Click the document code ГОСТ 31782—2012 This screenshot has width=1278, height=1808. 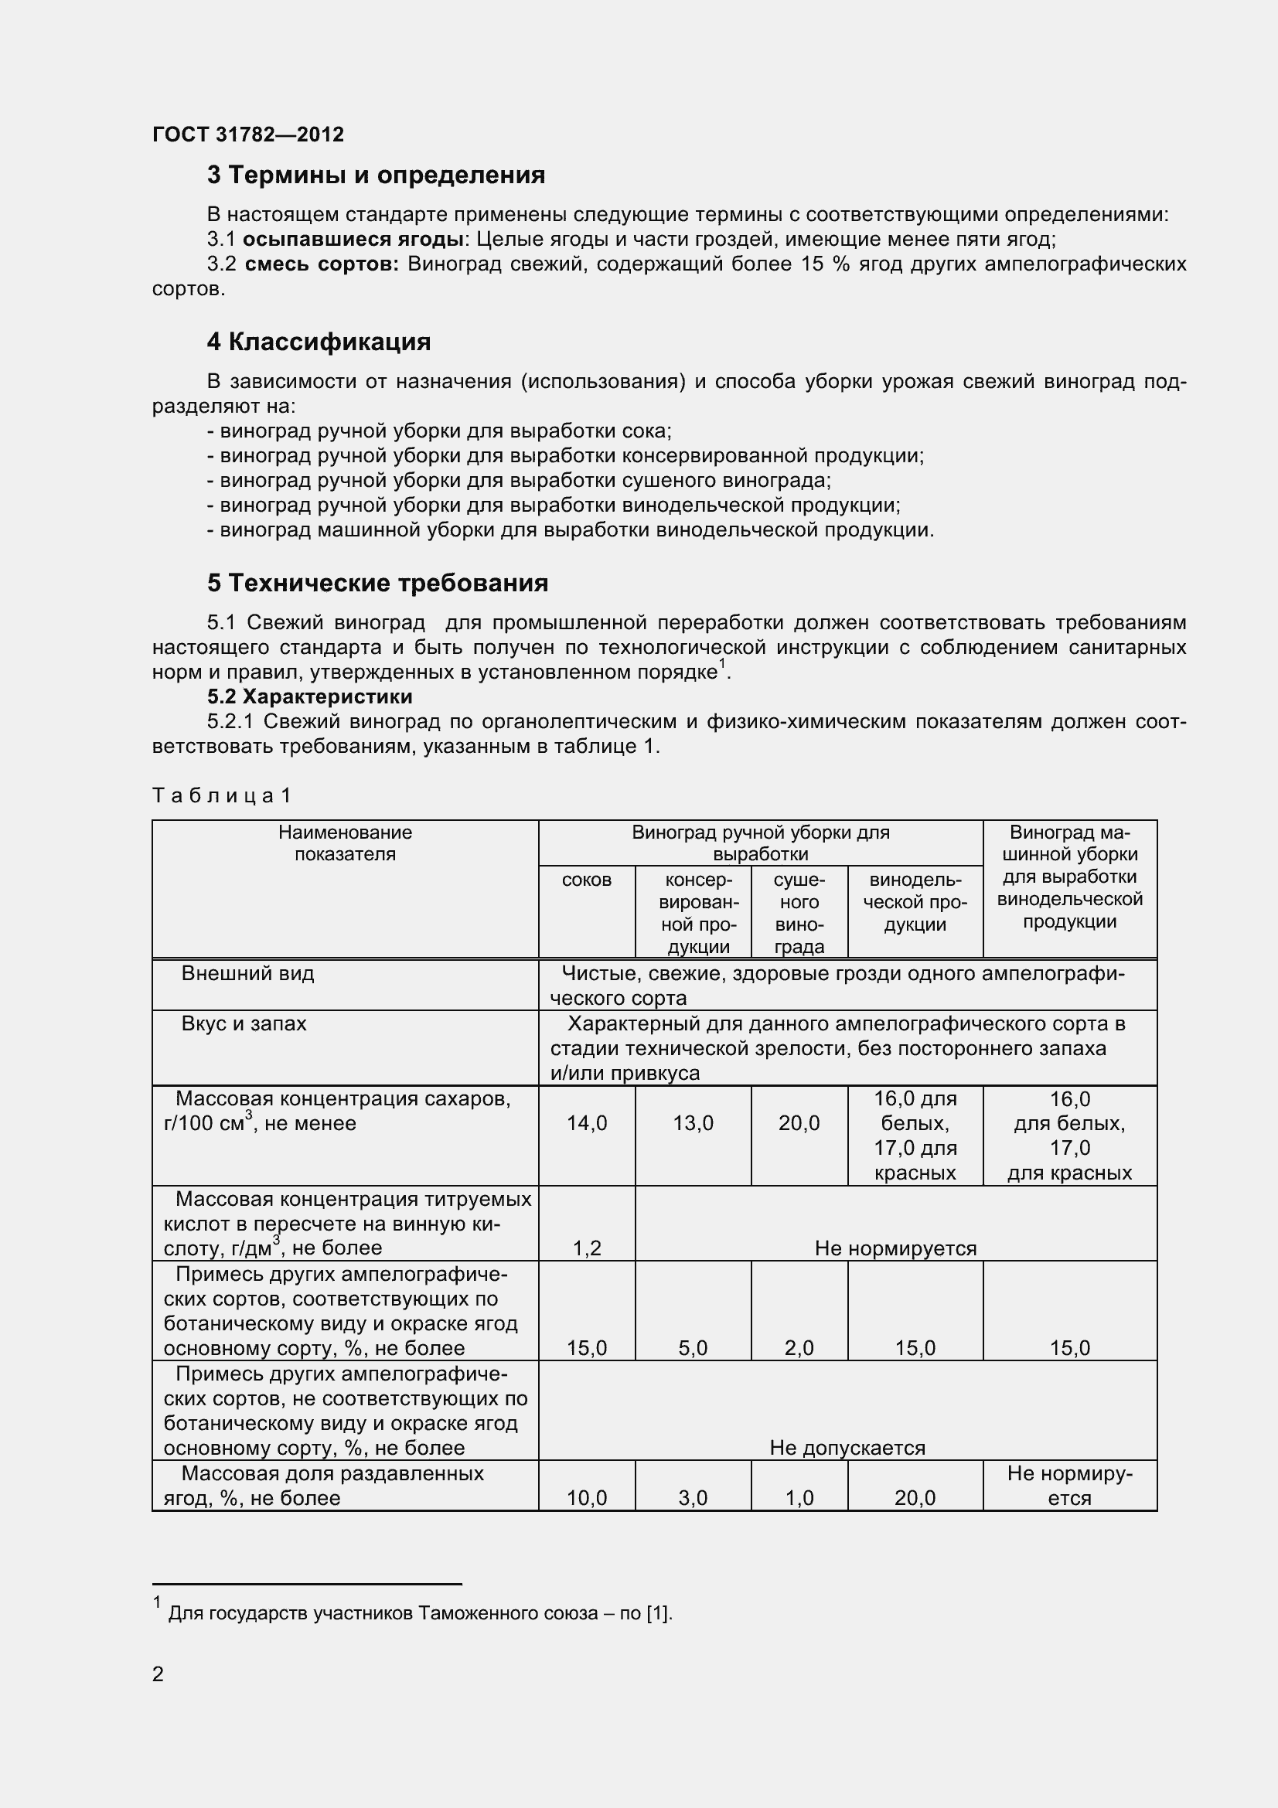(248, 134)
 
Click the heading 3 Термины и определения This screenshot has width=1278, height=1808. (376, 175)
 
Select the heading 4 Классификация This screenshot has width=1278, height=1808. (318, 342)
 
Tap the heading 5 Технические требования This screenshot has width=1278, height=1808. (377, 583)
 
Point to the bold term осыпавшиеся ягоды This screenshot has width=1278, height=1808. (352, 240)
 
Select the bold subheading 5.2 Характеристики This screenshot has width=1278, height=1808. (309, 696)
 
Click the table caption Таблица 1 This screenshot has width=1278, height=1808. (221, 795)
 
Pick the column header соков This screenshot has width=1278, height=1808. (587, 880)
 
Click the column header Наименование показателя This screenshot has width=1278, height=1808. (345, 843)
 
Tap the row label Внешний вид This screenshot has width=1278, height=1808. (247, 973)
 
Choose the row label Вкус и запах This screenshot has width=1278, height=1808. (244, 1023)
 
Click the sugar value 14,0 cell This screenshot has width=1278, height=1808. (587, 1123)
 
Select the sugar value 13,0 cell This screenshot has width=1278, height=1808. (693, 1123)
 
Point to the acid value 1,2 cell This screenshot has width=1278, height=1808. (587, 1248)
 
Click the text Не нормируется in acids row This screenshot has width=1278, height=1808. (895, 1248)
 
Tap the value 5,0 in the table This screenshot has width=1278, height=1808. (693, 1348)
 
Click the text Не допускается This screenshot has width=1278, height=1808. (847, 1447)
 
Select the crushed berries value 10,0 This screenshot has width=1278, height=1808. (587, 1498)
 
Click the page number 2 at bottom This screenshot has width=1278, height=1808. (158, 1674)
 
